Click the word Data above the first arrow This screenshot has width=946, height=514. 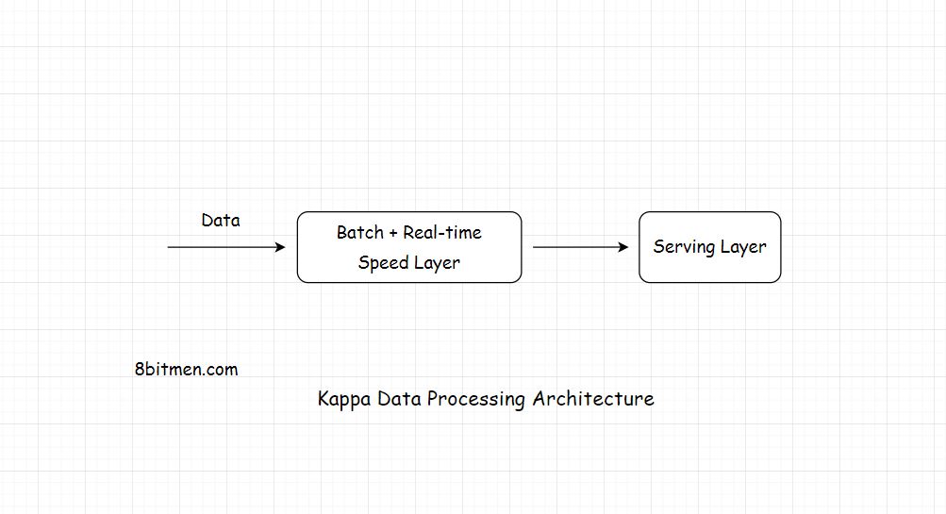(x=221, y=221)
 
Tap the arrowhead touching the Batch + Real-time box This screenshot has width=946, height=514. (x=279, y=247)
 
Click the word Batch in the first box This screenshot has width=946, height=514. (x=359, y=233)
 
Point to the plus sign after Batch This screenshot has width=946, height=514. (x=392, y=233)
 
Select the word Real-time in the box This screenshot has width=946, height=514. (x=442, y=233)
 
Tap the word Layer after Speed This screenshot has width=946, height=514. (x=438, y=263)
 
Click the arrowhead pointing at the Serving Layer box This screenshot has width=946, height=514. (x=622, y=247)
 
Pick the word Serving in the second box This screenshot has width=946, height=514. (x=683, y=247)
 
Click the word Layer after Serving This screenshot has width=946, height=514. (x=743, y=247)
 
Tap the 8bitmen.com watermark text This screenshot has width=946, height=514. (x=186, y=370)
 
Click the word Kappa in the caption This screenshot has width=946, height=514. (x=344, y=399)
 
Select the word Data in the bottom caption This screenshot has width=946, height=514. (x=399, y=399)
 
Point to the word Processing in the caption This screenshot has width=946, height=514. (x=475, y=399)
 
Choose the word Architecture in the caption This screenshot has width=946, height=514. (x=593, y=399)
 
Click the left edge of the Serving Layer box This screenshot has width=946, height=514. (x=639, y=247)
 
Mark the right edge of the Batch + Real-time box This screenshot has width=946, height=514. (x=522, y=247)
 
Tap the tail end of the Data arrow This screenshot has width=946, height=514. (x=170, y=247)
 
